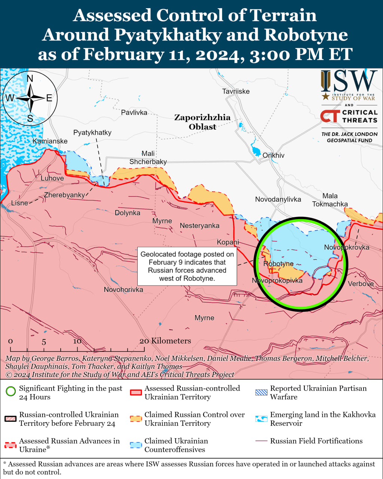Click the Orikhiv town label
point(273,155)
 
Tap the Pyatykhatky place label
point(92,132)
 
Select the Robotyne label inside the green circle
point(278,264)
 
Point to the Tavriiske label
point(236,91)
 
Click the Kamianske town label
point(50,141)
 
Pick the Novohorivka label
point(123,290)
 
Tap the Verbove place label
point(361,284)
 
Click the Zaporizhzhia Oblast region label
point(202,122)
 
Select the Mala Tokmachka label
point(330,200)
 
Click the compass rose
point(30,98)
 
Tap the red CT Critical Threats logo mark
point(330,116)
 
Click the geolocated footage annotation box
point(187,266)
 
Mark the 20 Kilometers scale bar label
point(165,341)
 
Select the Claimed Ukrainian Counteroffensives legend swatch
point(136,445)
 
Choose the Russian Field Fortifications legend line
point(261,441)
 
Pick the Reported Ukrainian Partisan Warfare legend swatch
point(261,393)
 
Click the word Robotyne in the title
point(306,35)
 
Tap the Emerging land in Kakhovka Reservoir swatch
point(261,419)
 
